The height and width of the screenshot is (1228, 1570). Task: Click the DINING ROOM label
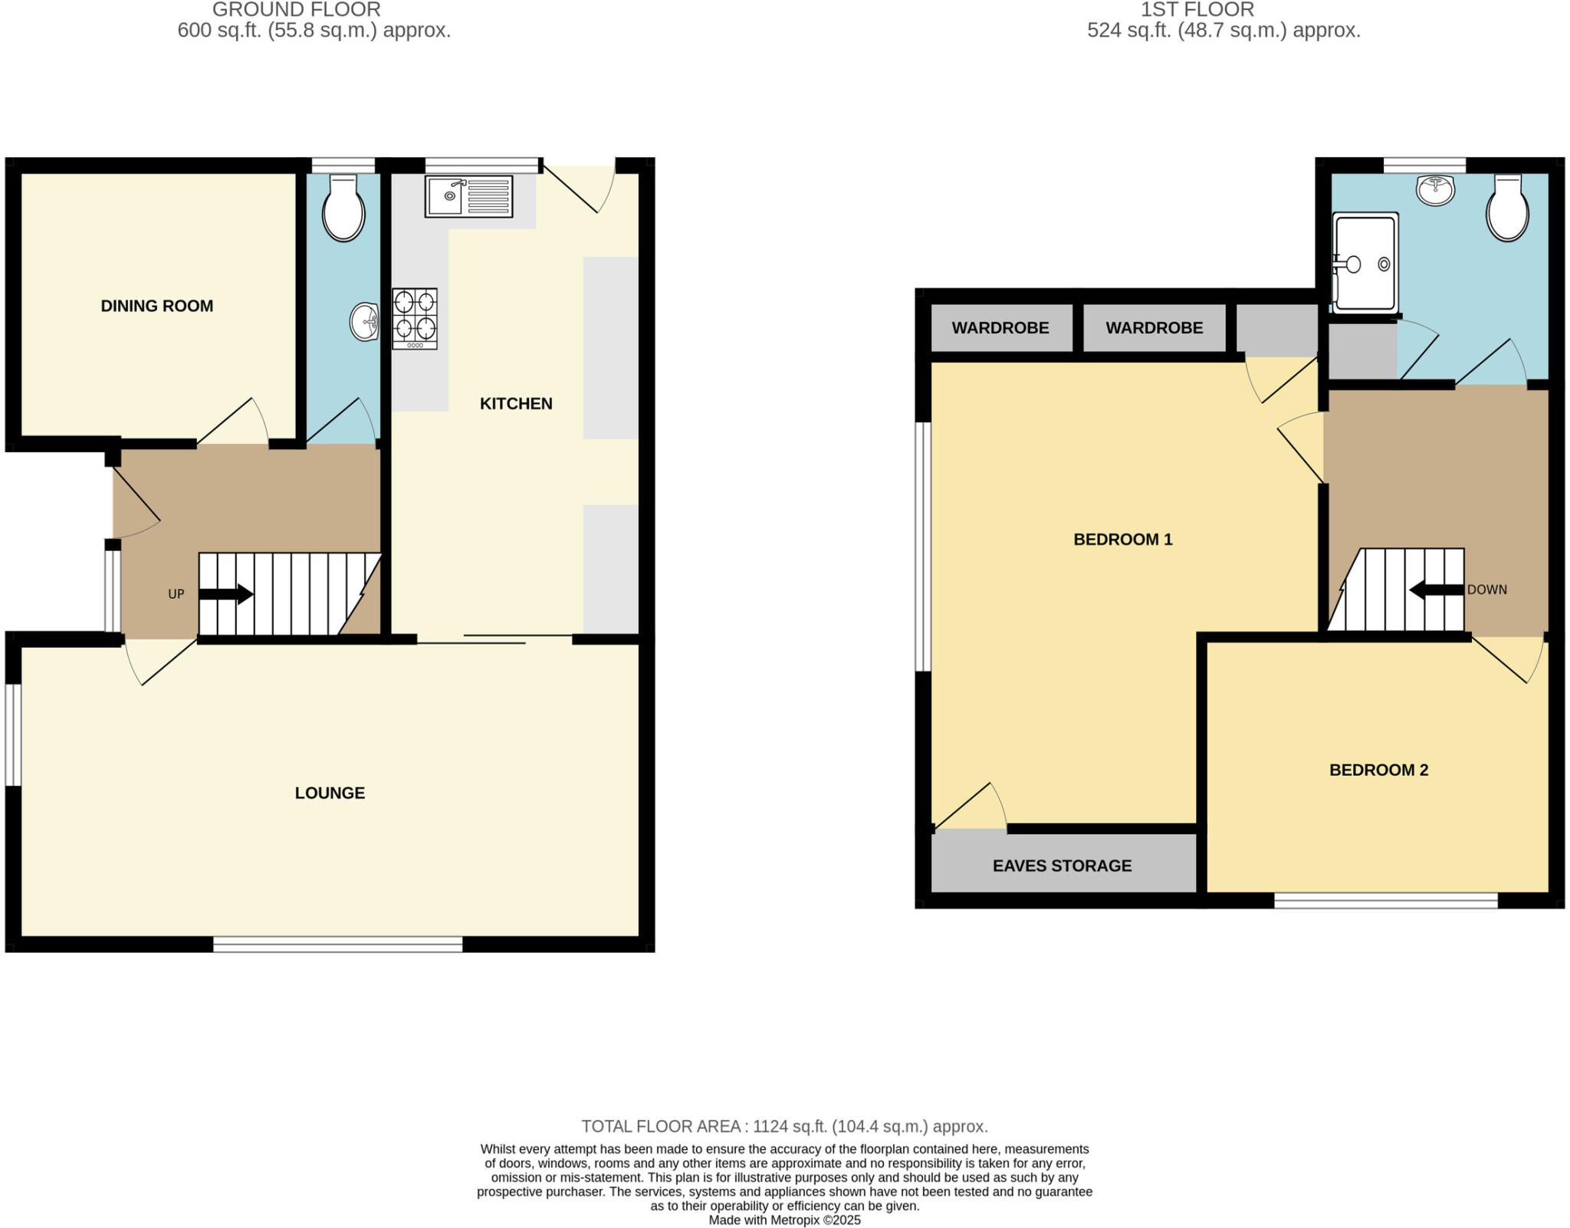click(x=156, y=306)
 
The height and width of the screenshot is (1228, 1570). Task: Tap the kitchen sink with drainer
click(x=468, y=196)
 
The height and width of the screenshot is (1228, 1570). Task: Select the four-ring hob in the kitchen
click(x=415, y=319)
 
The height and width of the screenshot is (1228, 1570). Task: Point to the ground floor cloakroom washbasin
click(x=364, y=322)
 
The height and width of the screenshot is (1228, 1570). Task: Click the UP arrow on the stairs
click(x=226, y=593)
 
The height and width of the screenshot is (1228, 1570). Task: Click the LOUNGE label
click(x=330, y=793)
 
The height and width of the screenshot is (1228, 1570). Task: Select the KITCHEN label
click(x=516, y=403)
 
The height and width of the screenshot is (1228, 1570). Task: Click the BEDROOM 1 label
click(x=1122, y=539)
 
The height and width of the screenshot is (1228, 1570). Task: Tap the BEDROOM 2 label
click(x=1378, y=770)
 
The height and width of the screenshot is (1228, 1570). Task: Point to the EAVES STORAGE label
click(x=1062, y=865)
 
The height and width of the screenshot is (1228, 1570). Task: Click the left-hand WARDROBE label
click(x=1000, y=328)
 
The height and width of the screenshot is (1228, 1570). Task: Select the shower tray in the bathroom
click(x=1365, y=263)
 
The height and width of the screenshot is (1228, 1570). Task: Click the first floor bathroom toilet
click(x=1507, y=208)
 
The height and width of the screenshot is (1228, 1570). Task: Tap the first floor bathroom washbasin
click(x=1435, y=189)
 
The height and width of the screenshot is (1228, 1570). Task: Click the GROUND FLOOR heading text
click(x=296, y=10)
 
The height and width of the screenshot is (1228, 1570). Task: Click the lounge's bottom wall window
click(x=337, y=944)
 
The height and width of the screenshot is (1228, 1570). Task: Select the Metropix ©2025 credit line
click(x=784, y=1220)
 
